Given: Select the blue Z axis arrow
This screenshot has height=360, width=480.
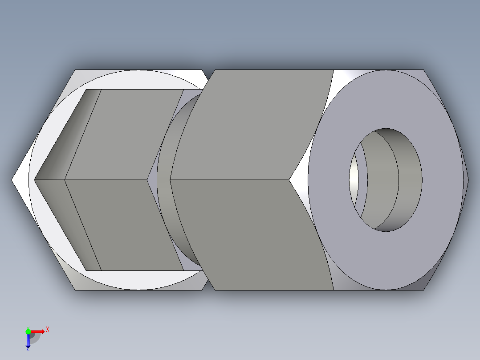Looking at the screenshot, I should pos(28,341).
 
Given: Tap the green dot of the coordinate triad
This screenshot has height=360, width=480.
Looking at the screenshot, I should pos(28,331).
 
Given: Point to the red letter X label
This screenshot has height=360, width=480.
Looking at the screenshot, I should pos(48,330).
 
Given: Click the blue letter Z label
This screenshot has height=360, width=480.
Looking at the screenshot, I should pos(28,350).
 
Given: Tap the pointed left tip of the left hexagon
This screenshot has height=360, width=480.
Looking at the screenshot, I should pos(13,180).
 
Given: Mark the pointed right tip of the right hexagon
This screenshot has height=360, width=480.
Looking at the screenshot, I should pos(468,180).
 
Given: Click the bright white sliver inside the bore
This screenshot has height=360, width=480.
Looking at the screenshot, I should pos(354,178).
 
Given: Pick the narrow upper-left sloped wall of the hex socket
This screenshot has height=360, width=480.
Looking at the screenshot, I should pos(67,134).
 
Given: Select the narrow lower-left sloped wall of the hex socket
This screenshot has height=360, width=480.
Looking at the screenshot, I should pos(67,225).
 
